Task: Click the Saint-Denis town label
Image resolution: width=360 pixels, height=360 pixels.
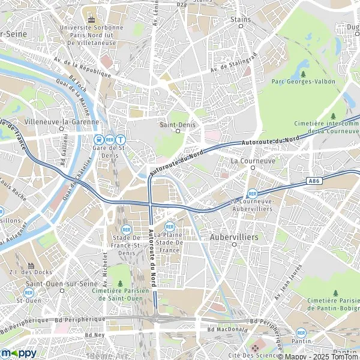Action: pyautogui.click(x=173, y=125)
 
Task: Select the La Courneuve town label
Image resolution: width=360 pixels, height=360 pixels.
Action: pyautogui.click(x=253, y=161)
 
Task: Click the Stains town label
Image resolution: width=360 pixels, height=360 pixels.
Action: pyautogui.click(x=241, y=19)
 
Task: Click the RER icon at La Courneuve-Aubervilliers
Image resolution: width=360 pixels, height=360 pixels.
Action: pyautogui.click(x=253, y=194)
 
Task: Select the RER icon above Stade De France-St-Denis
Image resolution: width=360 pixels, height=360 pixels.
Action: pyautogui.click(x=127, y=229)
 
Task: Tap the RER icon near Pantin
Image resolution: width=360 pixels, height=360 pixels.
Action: pyautogui.click(x=301, y=332)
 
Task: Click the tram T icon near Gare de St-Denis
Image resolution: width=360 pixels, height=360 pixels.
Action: pyautogui.click(x=121, y=139)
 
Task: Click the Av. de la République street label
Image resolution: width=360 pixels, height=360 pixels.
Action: pyautogui.click(x=82, y=67)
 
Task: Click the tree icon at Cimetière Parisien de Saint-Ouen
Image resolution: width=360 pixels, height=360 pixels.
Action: pyautogui.click(x=120, y=283)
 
